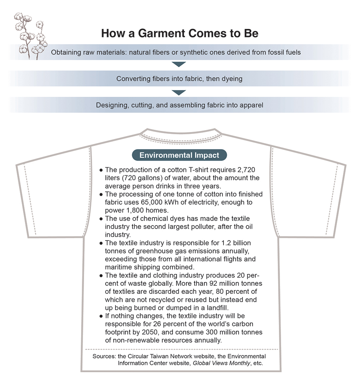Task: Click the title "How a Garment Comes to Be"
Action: pos(179,34)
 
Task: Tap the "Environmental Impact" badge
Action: pos(179,155)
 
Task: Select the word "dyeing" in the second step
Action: pos(232,79)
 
